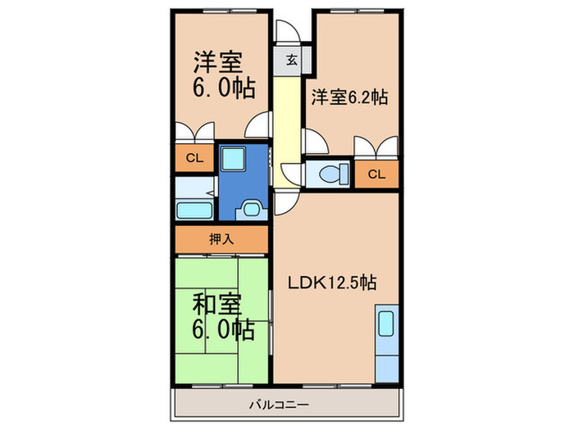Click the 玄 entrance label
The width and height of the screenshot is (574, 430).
click(291, 60)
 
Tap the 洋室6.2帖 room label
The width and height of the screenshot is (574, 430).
click(348, 97)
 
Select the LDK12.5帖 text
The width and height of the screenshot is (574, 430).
click(332, 283)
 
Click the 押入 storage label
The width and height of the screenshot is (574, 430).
click(220, 239)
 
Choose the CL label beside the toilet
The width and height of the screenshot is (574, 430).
click(376, 174)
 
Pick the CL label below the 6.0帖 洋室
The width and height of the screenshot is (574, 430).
click(194, 159)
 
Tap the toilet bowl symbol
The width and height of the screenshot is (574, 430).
click(332, 174)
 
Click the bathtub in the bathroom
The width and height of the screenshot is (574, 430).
click(194, 209)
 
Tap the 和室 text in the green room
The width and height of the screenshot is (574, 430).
click(217, 305)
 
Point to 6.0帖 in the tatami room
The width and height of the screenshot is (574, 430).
click(222, 330)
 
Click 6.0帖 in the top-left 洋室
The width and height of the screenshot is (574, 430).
click(222, 87)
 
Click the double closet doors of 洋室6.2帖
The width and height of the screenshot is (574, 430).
click(376, 148)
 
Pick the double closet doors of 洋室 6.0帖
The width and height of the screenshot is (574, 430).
click(194, 133)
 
